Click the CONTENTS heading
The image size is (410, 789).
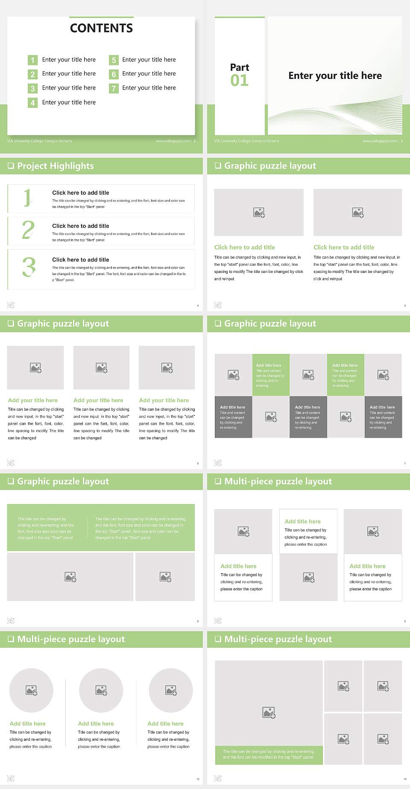tap(101, 28)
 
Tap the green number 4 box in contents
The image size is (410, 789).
tap(32, 103)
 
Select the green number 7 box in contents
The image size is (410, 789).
tap(114, 88)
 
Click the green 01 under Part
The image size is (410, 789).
tap(239, 81)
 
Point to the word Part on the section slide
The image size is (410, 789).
tap(239, 67)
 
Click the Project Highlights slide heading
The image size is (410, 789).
tap(55, 166)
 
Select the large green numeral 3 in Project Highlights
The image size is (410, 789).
tap(29, 267)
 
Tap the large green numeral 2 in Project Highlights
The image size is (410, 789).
tap(28, 230)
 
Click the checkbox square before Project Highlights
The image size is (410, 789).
tap(11, 166)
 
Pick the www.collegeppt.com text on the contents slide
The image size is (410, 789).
tap(173, 141)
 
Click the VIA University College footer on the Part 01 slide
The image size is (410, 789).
tap(246, 141)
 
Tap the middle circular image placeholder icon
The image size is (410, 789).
tap(101, 690)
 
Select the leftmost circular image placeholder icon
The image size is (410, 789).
tap(32, 690)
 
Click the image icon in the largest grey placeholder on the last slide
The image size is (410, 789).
tap(269, 712)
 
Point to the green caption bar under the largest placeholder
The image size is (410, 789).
tap(269, 754)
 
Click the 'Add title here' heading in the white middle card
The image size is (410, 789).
tap(302, 521)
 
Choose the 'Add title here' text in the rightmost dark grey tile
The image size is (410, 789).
tap(382, 407)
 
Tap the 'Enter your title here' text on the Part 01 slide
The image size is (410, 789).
tap(335, 76)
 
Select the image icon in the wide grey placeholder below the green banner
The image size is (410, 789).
tap(70, 577)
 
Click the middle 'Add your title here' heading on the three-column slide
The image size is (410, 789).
tap(98, 400)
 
